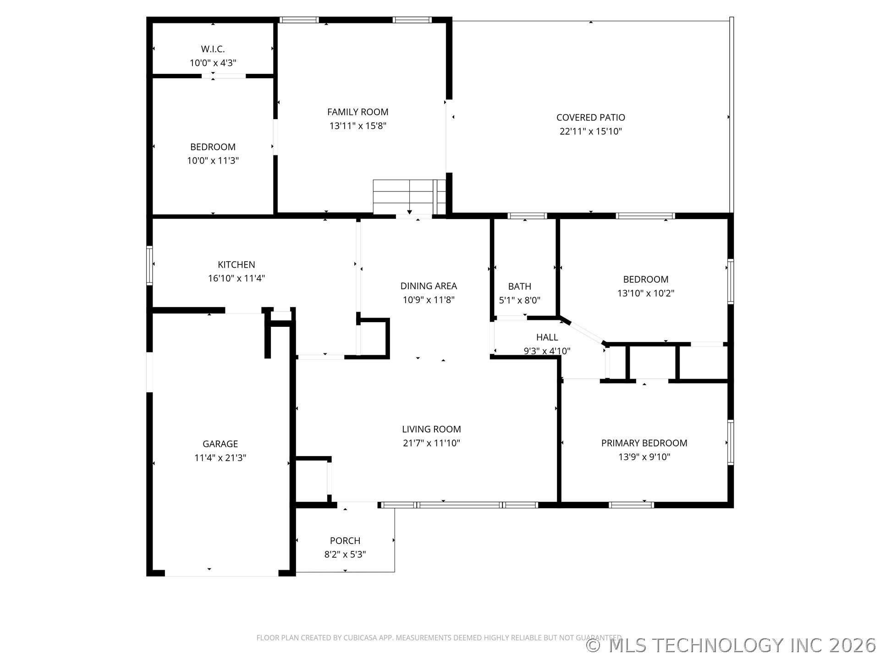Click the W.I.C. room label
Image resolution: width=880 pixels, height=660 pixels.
[x=213, y=49]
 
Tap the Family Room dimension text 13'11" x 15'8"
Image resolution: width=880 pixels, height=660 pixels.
[x=357, y=126]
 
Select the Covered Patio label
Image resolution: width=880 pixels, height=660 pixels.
[x=590, y=117]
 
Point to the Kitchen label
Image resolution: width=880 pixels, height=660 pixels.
[x=236, y=264]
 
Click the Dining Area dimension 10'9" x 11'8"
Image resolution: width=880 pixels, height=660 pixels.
[x=429, y=300]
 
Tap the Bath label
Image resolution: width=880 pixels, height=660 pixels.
[x=519, y=286]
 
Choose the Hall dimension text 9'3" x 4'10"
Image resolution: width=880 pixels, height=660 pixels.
[x=547, y=351]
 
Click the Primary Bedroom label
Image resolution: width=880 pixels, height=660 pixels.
[x=644, y=443]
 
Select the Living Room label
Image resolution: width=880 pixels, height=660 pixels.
[x=431, y=429]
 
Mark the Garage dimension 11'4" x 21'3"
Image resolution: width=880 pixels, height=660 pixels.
[x=220, y=457]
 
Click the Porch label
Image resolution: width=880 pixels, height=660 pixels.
[x=345, y=540]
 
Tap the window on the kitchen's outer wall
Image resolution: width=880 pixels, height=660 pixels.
[x=149, y=265]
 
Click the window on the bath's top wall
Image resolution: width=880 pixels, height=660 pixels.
[x=527, y=216]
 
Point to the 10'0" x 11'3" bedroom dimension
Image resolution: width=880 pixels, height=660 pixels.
[x=213, y=160]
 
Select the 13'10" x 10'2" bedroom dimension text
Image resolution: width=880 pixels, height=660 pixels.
[x=645, y=293]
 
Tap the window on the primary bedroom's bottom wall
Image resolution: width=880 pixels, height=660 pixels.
[x=631, y=505]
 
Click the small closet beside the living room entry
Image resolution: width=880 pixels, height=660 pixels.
[x=312, y=480]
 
